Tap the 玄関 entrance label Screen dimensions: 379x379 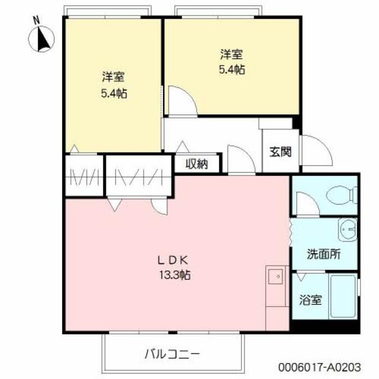281,152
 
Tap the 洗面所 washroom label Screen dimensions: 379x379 323,255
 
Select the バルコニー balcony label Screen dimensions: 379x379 172,354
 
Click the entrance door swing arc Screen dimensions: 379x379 315,150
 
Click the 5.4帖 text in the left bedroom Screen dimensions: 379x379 113,93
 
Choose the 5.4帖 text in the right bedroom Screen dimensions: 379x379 231,70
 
